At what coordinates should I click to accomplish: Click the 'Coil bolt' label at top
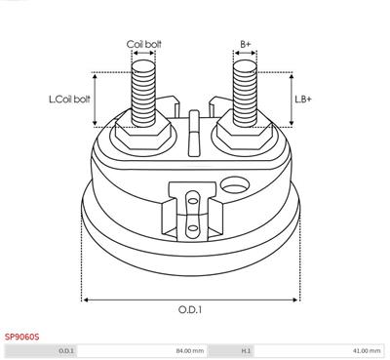click(143, 44)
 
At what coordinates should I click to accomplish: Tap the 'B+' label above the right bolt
click(246, 44)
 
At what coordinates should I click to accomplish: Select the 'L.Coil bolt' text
click(69, 100)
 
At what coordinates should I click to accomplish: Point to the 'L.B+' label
click(303, 100)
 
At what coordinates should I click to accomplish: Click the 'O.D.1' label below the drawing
click(190, 309)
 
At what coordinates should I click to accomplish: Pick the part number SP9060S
click(21, 337)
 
